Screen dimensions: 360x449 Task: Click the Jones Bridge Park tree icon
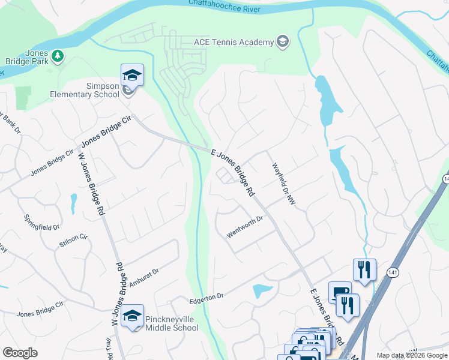[58, 56]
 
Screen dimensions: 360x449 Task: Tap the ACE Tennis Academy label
[234, 41]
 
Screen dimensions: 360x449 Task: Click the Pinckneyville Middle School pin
[132, 316]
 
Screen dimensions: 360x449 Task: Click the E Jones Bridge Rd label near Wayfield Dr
[234, 173]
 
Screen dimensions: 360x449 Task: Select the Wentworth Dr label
[246, 227]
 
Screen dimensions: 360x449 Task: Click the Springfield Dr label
[42, 223]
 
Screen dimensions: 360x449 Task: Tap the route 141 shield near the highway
[393, 272]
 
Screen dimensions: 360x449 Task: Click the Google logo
[20, 353]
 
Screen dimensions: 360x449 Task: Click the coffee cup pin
[340, 292]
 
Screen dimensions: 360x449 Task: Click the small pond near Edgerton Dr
[262, 291]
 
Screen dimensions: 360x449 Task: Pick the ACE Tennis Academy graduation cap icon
[282, 41]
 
